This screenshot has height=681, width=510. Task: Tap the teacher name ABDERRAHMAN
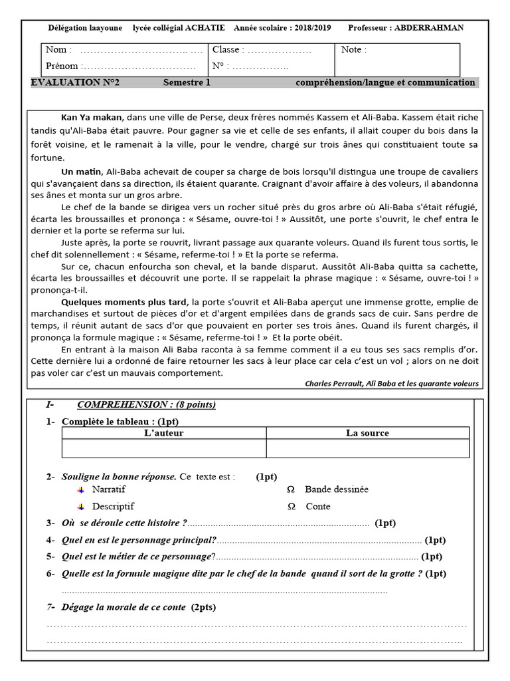(x=429, y=28)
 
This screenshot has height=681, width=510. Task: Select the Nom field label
(x=56, y=50)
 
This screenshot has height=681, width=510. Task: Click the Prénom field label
(x=62, y=66)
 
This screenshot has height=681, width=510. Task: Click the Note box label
(x=353, y=50)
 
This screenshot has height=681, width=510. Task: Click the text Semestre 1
(x=187, y=82)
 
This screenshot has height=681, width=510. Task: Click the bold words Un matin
(x=81, y=172)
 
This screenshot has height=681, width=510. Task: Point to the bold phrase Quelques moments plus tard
(x=124, y=302)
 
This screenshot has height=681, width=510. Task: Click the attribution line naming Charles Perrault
(x=391, y=384)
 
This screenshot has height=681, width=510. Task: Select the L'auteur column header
(x=163, y=433)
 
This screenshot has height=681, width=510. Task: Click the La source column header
(x=367, y=433)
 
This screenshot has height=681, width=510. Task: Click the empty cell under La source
(x=367, y=449)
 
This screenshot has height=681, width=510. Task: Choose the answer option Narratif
(x=109, y=489)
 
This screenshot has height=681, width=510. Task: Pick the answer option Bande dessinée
(x=336, y=489)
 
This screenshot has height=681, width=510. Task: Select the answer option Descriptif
(x=113, y=506)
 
